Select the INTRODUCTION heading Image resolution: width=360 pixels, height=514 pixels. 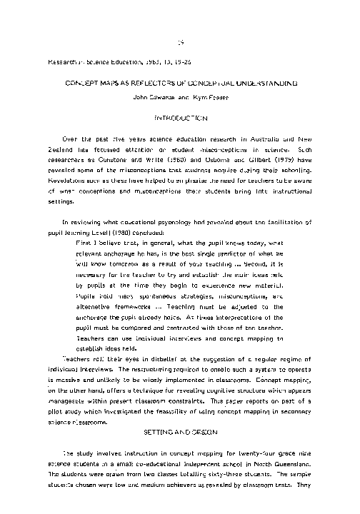click(x=180, y=115)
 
